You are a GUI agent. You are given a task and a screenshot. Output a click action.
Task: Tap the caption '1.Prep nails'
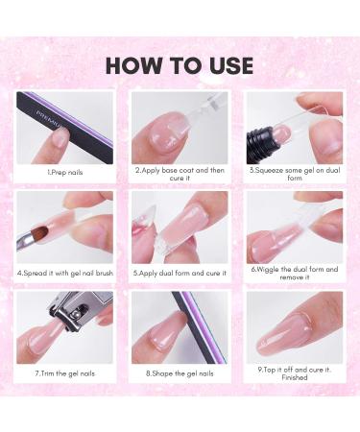click(65, 172)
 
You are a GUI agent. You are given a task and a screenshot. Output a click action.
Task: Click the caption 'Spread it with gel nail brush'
click(65, 272)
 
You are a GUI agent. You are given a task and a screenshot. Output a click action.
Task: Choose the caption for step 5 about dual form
click(180, 272)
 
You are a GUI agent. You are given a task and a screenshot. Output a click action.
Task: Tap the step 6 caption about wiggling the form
click(293, 274)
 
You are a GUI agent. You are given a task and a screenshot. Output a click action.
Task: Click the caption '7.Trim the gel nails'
click(65, 371)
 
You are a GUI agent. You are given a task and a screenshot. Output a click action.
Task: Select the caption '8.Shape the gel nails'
click(180, 371)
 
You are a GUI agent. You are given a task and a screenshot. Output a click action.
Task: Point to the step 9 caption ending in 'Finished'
click(293, 373)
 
